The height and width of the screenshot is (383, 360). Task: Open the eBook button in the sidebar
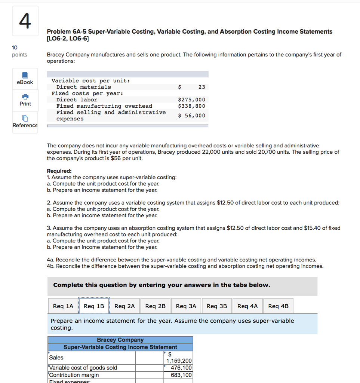(25, 79)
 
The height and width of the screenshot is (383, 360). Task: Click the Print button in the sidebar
(25, 100)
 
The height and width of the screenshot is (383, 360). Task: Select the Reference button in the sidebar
(25, 122)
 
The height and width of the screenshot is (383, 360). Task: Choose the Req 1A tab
(63, 306)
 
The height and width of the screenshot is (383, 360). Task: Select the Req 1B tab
(94, 306)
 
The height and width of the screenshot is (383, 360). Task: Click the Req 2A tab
(124, 306)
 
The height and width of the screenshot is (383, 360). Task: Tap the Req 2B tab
(155, 306)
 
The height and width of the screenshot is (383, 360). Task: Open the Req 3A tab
(186, 306)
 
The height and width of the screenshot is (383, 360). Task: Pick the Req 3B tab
(217, 306)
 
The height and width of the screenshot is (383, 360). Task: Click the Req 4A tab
(247, 306)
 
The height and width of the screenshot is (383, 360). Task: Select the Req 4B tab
(278, 306)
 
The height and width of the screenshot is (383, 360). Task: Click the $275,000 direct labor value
(192, 100)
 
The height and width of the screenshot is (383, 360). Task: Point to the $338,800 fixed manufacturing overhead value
(192, 106)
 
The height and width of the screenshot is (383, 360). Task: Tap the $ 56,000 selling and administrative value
(192, 116)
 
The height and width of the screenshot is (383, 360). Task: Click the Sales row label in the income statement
(56, 358)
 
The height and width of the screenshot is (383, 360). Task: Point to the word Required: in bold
(59, 171)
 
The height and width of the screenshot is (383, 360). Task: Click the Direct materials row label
(83, 87)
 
